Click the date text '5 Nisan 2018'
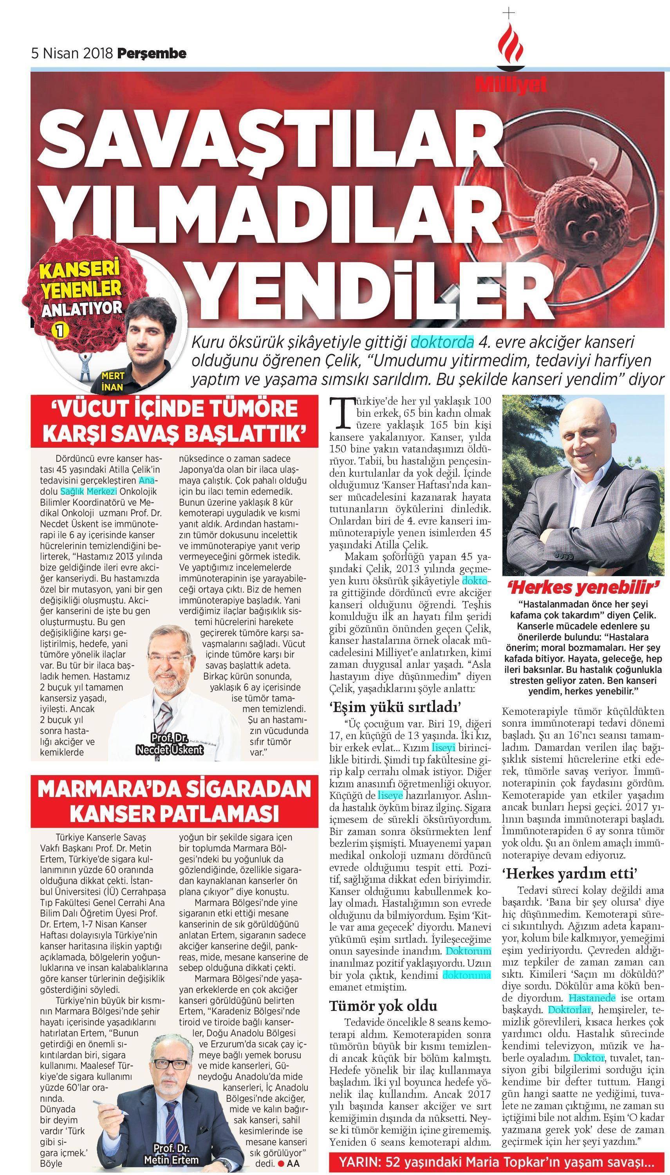click(72, 54)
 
